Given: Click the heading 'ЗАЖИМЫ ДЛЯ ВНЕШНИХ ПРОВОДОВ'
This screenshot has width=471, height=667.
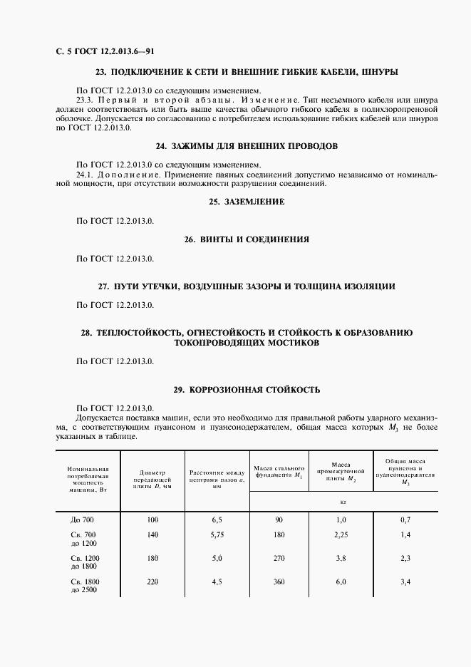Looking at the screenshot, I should click(253, 146).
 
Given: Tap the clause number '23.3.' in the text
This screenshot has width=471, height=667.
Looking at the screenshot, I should click(85, 100).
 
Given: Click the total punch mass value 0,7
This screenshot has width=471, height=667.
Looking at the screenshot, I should click(405, 520).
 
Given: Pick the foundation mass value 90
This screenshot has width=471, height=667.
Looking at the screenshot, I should click(279, 520).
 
